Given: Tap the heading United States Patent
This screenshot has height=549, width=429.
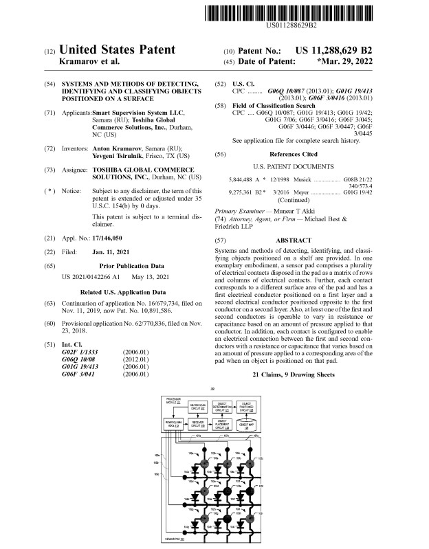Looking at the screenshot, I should point(118,50).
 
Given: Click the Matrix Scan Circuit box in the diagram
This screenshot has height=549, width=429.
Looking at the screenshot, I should point(199,406).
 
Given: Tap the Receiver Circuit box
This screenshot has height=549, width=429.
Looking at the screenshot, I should point(199,424).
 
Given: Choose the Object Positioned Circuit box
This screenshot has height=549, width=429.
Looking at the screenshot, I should point(245,406).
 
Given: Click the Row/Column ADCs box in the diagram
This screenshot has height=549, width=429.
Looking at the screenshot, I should point(172,424).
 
